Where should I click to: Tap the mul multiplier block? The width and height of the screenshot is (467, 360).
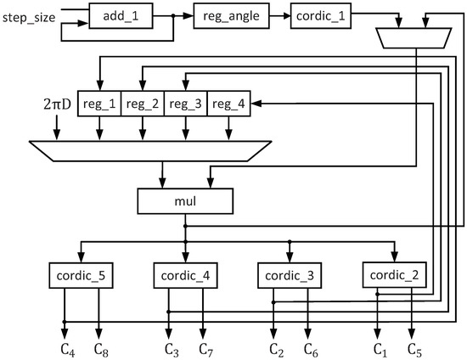click(x=186, y=201)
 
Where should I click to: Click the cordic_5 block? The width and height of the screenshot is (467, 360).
click(x=82, y=276)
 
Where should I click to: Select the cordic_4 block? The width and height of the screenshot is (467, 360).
click(x=186, y=276)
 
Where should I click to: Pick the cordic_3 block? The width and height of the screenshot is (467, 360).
click(x=290, y=276)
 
